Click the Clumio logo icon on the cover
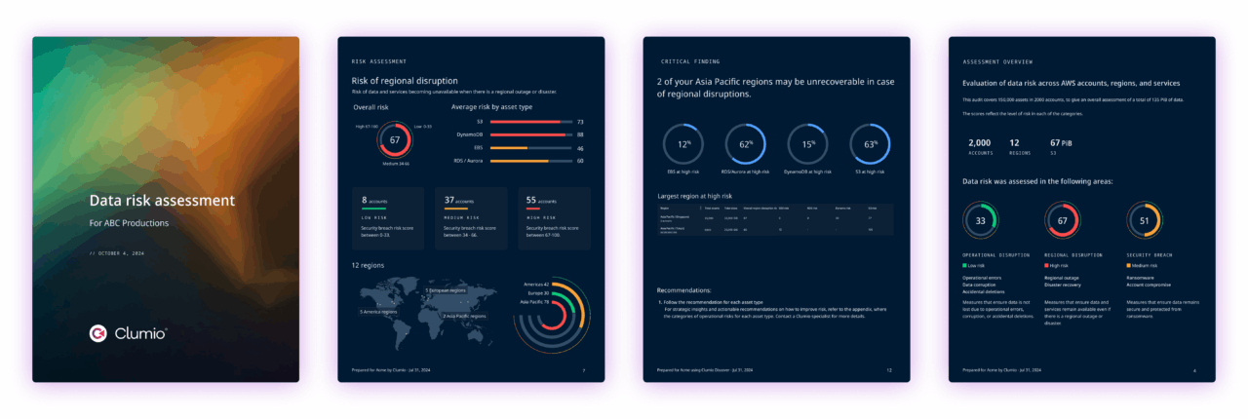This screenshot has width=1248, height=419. click(97, 333)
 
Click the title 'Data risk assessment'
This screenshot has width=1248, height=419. click(162, 201)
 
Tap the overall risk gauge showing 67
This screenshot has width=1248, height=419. click(395, 139)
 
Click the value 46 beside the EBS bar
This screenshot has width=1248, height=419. click(580, 148)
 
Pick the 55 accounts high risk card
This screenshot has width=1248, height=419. click(555, 219)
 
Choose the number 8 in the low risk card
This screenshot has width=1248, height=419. click(364, 200)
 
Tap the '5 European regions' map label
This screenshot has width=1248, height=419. click(446, 290)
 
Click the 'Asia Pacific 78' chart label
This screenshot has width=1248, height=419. click(534, 302)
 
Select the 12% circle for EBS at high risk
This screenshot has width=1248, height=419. click(683, 143)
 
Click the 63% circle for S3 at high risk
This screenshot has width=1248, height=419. click(869, 143)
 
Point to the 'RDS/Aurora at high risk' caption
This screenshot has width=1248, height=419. click(745, 171)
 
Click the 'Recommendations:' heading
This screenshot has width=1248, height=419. click(683, 290)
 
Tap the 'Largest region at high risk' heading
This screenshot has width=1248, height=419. click(694, 196)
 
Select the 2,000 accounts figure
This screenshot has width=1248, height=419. click(979, 142)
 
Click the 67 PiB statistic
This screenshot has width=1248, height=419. click(1062, 142)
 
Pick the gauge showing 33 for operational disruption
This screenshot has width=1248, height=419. click(980, 220)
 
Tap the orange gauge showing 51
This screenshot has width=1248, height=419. click(1144, 220)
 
